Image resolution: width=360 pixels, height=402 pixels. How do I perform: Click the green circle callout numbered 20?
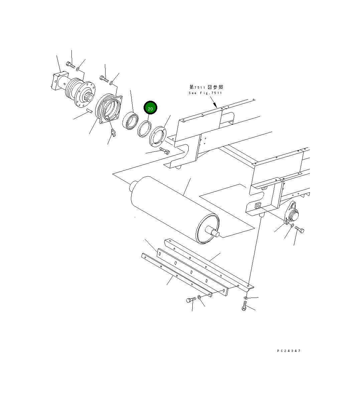click(150, 108)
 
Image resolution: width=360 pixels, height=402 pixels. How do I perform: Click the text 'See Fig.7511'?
click(205, 93)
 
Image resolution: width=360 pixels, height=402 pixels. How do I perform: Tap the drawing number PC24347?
click(289, 351)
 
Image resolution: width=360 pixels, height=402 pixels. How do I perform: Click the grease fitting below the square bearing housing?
click(113, 133)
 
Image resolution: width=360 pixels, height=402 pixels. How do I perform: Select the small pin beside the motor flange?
click(89, 111)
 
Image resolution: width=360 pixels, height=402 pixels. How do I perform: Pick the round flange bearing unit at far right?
click(292, 214)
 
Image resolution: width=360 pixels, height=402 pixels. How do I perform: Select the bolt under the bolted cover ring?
click(164, 150)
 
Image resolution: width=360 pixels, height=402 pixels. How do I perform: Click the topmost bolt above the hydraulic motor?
click(71, 65)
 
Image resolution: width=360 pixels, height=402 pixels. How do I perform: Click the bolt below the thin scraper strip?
click(191, 300)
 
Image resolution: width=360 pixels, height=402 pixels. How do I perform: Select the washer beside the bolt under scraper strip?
click(199, 297)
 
